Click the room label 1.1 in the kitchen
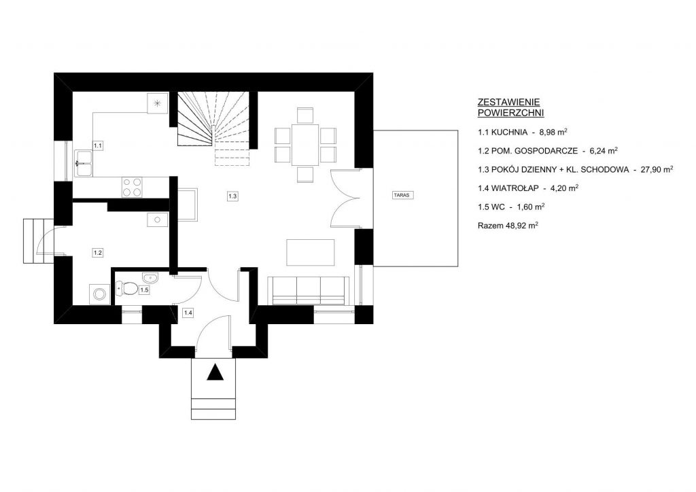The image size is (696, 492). coord(98,145)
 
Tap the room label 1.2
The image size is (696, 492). coord(98,253)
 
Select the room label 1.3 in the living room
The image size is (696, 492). coord(232,196)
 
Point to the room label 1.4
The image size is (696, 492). coord(188,313)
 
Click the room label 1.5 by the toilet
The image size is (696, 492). coord(144,289)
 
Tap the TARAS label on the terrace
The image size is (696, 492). coord(403,195)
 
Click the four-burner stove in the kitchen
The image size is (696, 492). coord(132,187)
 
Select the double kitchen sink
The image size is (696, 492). coord(84,163)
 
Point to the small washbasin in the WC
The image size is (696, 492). coord(150,278)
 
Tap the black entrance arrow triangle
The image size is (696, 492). coord(215,372)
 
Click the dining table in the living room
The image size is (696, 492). coord(305,145)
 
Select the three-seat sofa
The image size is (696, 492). coord(309,291)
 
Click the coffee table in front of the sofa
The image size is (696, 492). coord(310,252)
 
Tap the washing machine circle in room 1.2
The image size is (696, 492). coord(99,294)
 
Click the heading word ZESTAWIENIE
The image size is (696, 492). coord(508,103)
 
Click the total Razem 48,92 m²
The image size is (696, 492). coord(508,226)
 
